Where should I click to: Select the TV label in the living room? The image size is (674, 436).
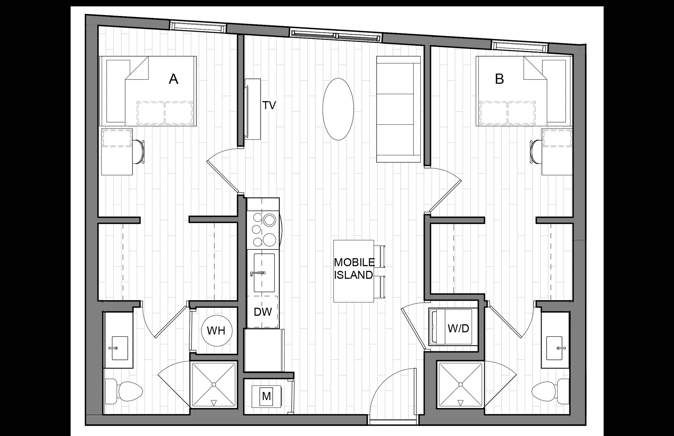[269, 105]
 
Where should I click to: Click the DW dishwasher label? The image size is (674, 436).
[263, 312]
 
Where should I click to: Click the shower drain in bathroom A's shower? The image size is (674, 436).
[214, 385]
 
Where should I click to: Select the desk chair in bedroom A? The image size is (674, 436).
[139, 152]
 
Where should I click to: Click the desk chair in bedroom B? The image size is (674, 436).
[536, 152]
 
